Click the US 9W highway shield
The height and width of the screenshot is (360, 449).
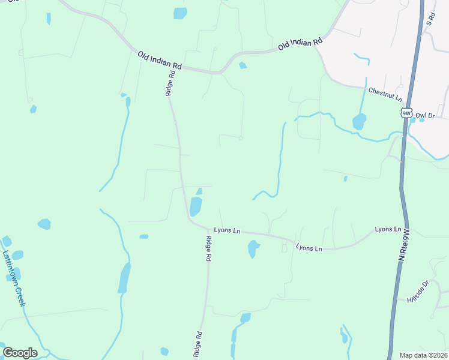(408, 113)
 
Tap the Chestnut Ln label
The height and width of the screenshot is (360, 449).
(385, 94)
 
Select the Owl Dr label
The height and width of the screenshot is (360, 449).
(424, 115)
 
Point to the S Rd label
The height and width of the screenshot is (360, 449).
(430, 21)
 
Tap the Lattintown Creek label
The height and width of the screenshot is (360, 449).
(13, 278)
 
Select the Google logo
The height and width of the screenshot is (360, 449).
(20, 353)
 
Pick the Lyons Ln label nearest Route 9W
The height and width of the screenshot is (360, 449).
(388, 229)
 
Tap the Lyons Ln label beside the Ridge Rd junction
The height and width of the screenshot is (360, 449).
(227, 230)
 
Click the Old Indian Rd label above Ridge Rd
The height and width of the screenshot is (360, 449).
(159, 60)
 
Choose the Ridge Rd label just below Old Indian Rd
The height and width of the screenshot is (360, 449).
(170, 83)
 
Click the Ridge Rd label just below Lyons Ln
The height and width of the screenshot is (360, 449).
(208, 248)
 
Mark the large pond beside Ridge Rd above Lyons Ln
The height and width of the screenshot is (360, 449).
(196, 206)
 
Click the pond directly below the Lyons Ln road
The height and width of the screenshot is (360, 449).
(253, 248)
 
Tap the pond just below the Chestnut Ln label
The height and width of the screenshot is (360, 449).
(359, 122)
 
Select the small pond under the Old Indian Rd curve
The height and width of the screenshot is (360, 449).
(243, 65)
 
